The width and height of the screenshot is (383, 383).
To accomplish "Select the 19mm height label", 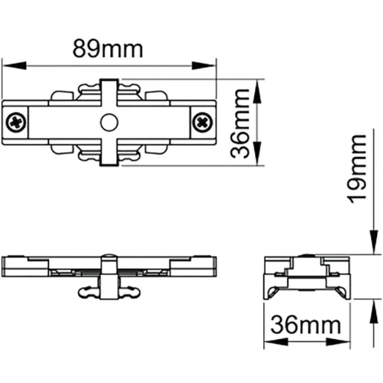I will (x=360, y=168).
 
